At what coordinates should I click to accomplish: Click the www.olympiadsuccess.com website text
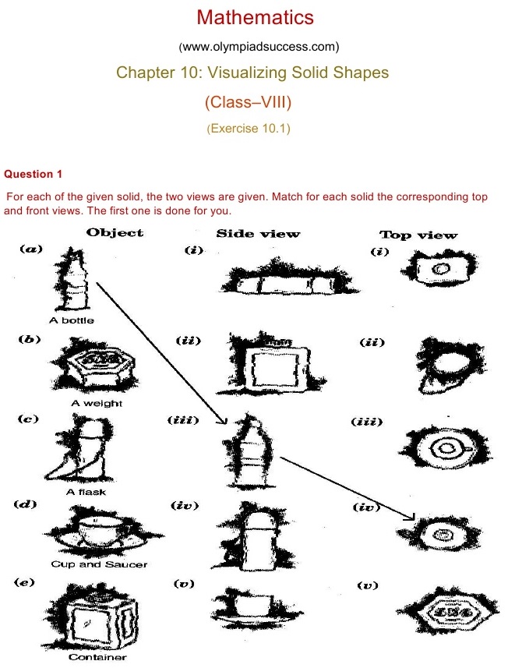tap(258, 46)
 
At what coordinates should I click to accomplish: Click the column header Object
tap(115, 232)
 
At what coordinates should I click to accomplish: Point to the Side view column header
tap(257, 234)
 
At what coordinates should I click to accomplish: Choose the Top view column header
tap(418, 235)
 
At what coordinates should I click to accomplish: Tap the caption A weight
tap(97, 403)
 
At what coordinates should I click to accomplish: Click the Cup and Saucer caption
tap(99, 564)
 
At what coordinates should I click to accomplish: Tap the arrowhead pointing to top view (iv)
tap(409, 516)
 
